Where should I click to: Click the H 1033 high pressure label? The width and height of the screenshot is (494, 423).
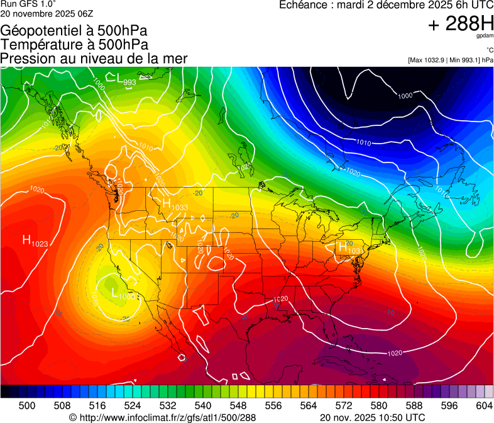coord(175,205)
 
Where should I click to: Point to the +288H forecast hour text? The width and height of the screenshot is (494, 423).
coord(460,24)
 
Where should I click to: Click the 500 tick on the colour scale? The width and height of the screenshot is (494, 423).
coord(27,406)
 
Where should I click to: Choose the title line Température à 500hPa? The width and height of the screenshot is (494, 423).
coord(74,45)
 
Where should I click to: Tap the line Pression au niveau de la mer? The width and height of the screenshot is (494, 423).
coord(94,59)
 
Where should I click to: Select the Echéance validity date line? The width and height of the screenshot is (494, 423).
coord(386,6)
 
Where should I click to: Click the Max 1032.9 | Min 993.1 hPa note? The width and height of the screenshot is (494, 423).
coord(450,60)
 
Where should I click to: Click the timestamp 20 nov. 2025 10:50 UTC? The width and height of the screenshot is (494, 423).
coord(372,417)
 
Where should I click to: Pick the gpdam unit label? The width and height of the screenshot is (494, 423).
coord(485,37)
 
